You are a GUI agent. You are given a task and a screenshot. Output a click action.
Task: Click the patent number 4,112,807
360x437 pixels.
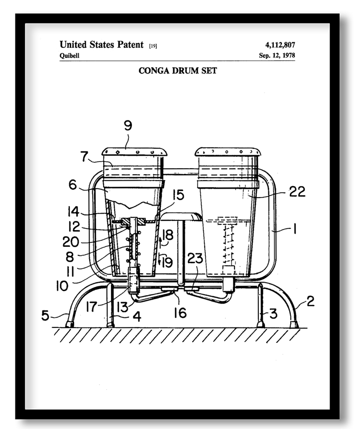tap(280, 45)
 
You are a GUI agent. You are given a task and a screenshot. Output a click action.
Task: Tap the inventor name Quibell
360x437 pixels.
tap(69, 55)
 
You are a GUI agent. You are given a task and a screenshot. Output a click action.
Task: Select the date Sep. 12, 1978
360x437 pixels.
tap(277, 55)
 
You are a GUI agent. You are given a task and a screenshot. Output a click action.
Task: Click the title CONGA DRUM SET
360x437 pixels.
tap(178, 71)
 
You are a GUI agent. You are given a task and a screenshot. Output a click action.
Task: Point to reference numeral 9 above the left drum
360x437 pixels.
tap(128, 126)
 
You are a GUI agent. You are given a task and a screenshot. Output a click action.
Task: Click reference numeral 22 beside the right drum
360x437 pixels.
tap(297, 192)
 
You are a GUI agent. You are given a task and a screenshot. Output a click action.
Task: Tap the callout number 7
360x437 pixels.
tap(85, 156)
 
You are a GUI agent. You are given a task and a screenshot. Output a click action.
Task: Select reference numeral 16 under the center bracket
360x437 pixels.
tap(180, 313)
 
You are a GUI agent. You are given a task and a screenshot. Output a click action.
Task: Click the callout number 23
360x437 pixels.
tap(195, 258)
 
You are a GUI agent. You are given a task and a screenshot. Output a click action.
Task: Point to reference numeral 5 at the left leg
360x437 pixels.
tap(45, 315)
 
